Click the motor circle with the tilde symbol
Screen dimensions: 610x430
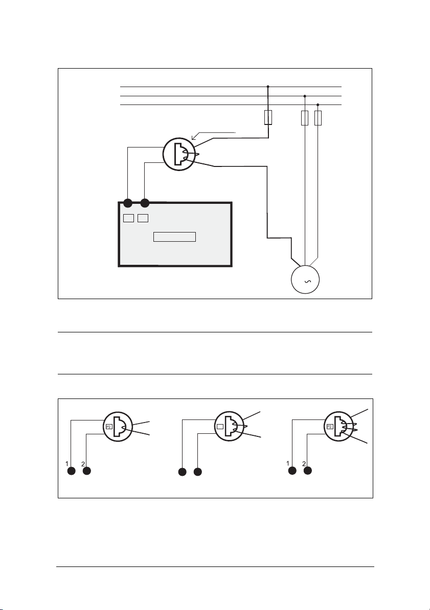click(x=305, y=281)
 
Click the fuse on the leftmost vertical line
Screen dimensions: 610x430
click(x=267, y=118)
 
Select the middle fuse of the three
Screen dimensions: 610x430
click(x=305, y=118)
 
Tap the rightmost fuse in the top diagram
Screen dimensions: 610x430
click(x=318, y=118)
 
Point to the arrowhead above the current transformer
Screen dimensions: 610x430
click(x=193, y=136)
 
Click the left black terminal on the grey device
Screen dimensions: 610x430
click(x=128, y=202)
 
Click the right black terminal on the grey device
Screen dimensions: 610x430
click(x=145, y=202)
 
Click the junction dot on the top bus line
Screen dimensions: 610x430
click(x=268, y=87)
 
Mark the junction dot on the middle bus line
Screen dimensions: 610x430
click(x=305, y=96)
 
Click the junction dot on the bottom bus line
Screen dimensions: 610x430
click(x=318, y=104)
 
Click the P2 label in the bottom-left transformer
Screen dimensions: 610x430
click(x=108, y=426)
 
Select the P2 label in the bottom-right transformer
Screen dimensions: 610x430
click(x=330, y=426)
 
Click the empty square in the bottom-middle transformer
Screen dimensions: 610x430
click(x=219, y=426)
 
